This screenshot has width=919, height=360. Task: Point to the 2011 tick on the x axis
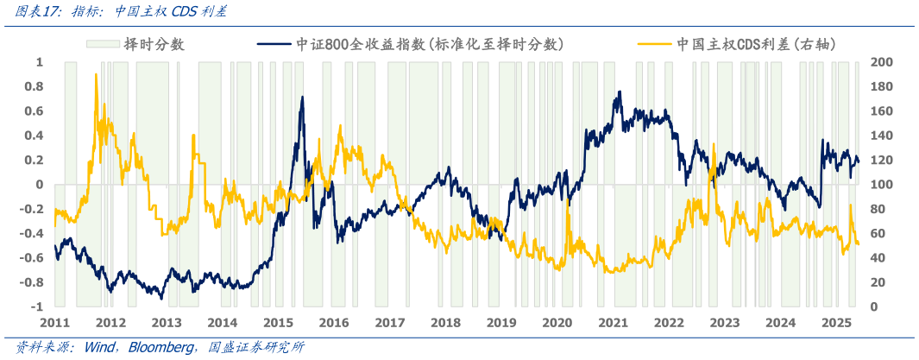pyautogui.click(x=54, y=322)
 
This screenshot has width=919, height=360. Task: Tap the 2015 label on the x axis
pyautogui.click(x=278, y=322)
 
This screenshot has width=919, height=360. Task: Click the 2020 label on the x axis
pyautogui.click(x=557, y=322)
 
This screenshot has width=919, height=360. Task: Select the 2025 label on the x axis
pyautogui.click(x=837, y=322)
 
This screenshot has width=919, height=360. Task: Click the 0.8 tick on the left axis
pyautogui.click(x=35, y=86)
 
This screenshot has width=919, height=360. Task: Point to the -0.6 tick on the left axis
pyautogui.click(x=33, y=258)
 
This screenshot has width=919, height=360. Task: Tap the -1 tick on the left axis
pyautogui.click(x=38, y=307)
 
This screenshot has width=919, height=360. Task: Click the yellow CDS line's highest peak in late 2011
pyautogui.click(x=96, y=75)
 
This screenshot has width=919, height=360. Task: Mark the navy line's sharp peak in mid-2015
pyautogui.click(x=302, y=98)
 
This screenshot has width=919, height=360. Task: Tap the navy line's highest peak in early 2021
pyautogui.click(x=618, y=92)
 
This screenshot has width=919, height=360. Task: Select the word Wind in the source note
pyautogui.click(x=98, y=347)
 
